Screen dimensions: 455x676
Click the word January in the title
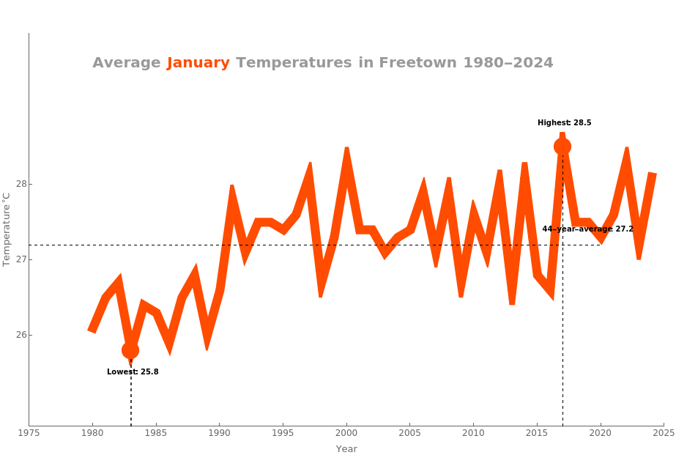[x=198, y=63]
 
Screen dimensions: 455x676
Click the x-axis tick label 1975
[x=29, y=433]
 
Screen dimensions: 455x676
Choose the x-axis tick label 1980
[x=92, y=433]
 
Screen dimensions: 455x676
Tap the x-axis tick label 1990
[x=219, y=433]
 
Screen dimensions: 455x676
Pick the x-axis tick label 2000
[x=346, y=433]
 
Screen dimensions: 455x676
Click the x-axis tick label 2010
[x=473, y=433]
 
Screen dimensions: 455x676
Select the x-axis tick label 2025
[x=664, y=433]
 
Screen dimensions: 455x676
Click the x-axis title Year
[x=346, y=448]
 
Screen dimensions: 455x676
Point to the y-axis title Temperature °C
[x=7, y=229]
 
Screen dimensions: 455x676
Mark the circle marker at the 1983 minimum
[x=130, y=350]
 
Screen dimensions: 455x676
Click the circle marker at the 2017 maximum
[x=562, y=147]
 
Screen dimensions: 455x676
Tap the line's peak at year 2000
[x=346, y=150]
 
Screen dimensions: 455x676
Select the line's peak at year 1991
[x=232, y=188]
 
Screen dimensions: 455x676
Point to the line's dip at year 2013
[x=512, y=302]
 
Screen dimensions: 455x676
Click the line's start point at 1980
[x=92, y=331]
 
